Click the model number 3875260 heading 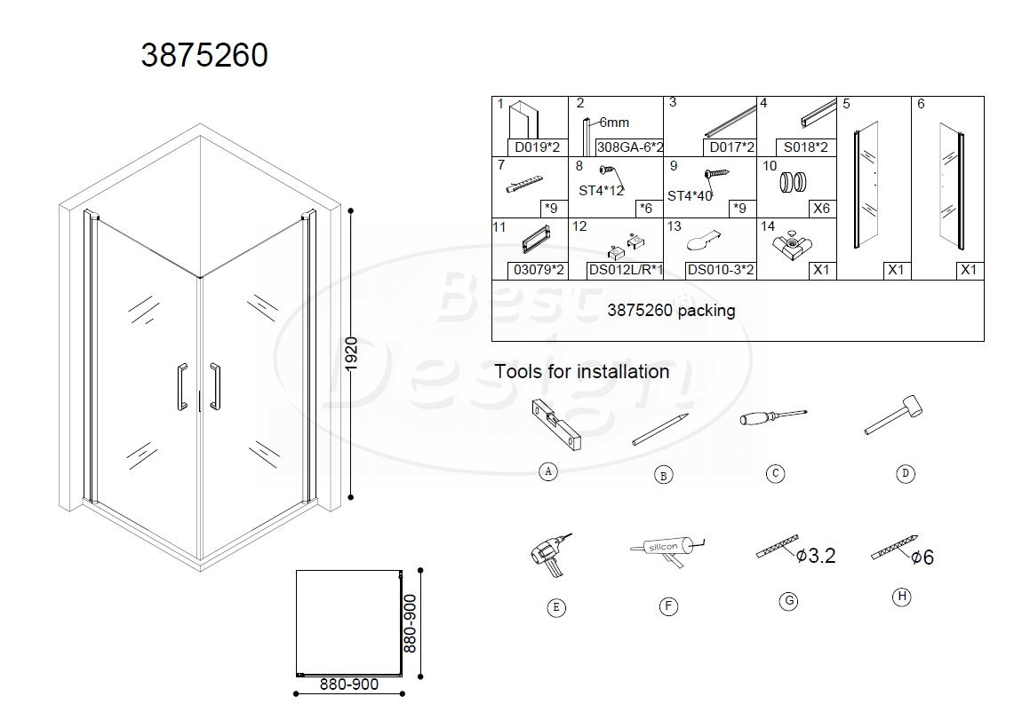point(204,55)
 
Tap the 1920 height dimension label point(351,354)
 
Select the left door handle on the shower point(181,387)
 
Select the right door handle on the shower point(214,386)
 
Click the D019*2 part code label point(537,147)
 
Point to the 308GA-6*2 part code point(629,147)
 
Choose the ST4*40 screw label point(690,196)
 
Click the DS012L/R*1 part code point(625,269)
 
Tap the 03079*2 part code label point(539,269)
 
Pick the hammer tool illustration point(894,415)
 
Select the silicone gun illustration point(667,550)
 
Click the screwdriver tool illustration point(774,416)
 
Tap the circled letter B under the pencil point(663,476)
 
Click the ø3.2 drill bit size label point(816,556)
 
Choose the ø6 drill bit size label point(922,558)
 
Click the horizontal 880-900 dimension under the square point(348,684)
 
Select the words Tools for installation point(581,372)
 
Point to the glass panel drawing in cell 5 point(866,185)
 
